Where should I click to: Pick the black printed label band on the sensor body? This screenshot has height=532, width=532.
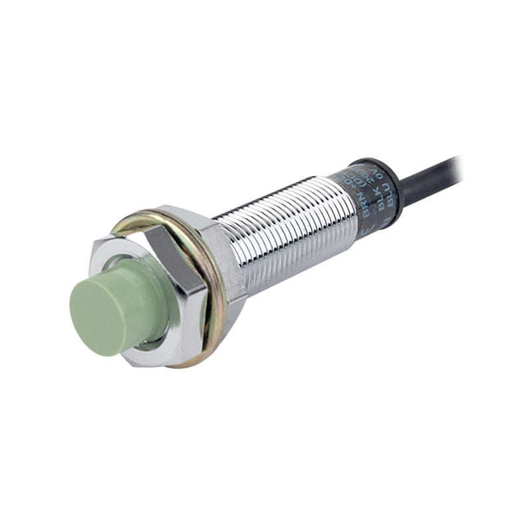(372, 193)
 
